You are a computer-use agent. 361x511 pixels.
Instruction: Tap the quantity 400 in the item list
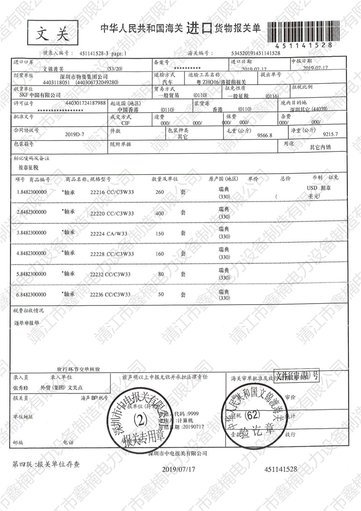(x=159, y=213)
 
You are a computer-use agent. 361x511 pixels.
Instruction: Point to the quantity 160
(x=159, y=254)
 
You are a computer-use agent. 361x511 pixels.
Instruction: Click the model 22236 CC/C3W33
(x=111, y=294)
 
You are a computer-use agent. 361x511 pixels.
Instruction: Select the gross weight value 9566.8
(x=264, y=135)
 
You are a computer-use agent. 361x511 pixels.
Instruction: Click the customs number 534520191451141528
(x=255, y=53)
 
